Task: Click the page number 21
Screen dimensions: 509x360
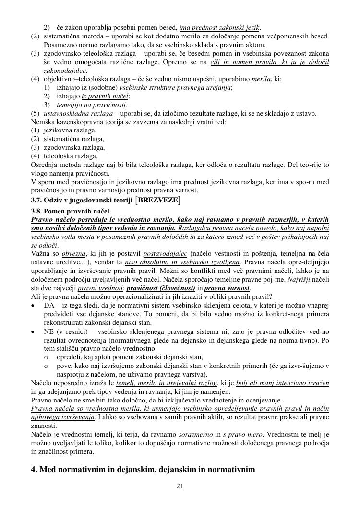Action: pos(180,486)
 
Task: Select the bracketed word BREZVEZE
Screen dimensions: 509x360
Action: pos(158,200)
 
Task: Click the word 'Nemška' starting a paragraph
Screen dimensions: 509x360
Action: pos(42,122)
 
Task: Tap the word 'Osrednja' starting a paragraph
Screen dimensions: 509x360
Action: pos(44,165)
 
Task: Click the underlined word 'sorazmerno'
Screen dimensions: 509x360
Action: pos(195,435)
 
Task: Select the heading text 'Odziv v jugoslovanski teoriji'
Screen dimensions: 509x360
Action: pos(89,200)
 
